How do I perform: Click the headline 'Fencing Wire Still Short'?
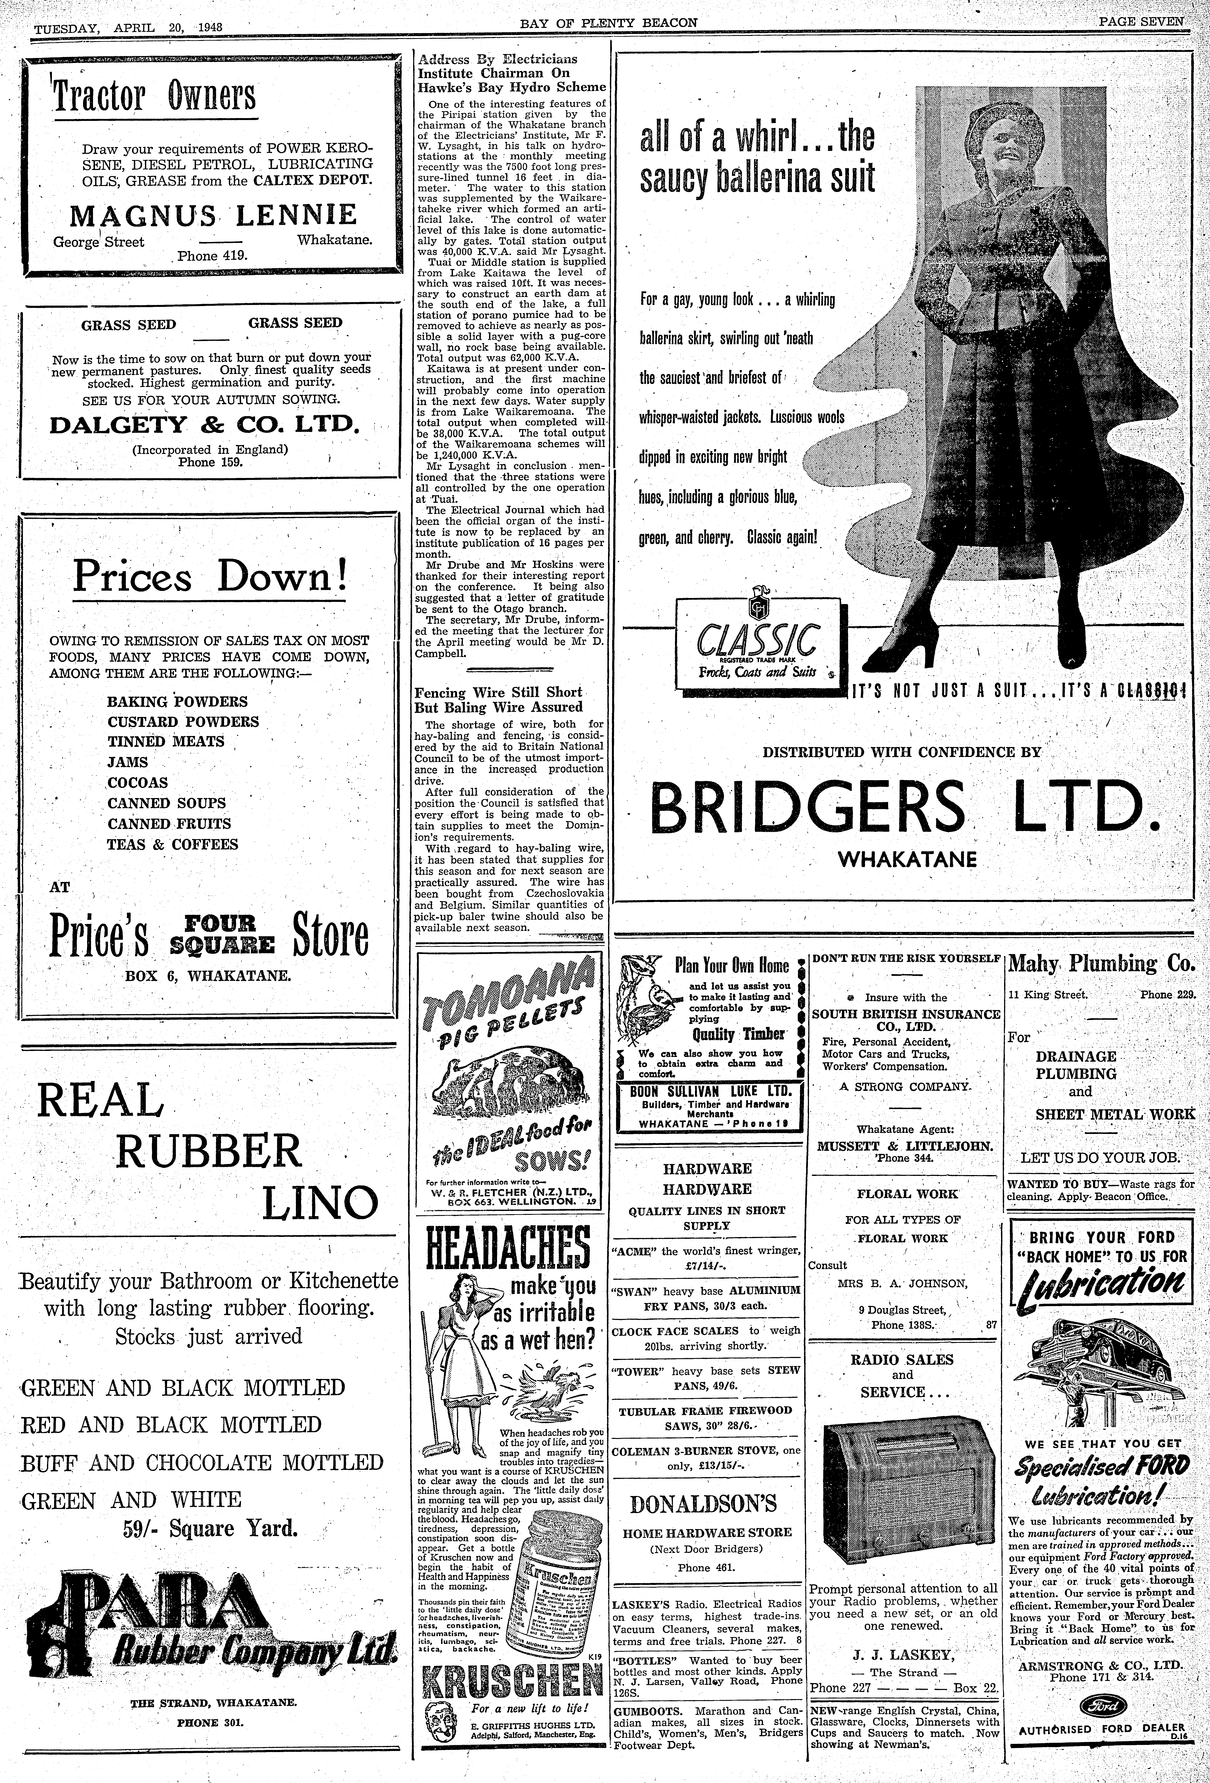point(499,692)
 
